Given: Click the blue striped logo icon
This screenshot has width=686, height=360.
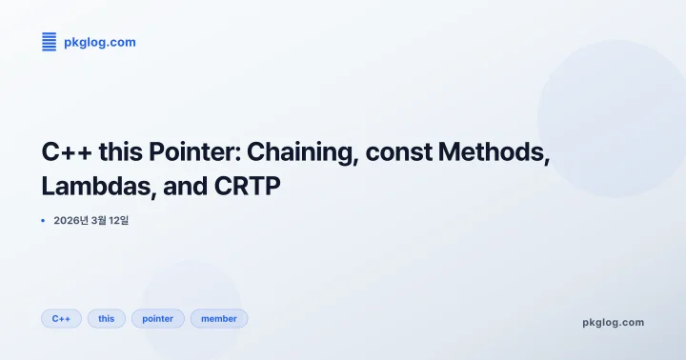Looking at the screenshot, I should tap(50, 41).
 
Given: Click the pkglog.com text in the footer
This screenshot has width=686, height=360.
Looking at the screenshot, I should tap(613, 322).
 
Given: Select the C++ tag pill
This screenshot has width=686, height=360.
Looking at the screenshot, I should tap(61, 318).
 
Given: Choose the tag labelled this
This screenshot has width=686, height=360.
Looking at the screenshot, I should tap(106, 318).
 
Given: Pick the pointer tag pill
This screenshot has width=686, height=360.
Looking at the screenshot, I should tap(158, 318).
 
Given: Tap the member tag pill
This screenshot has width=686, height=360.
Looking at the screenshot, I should tap(219, 318).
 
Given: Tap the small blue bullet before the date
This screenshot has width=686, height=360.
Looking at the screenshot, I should tap(44, 221).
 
